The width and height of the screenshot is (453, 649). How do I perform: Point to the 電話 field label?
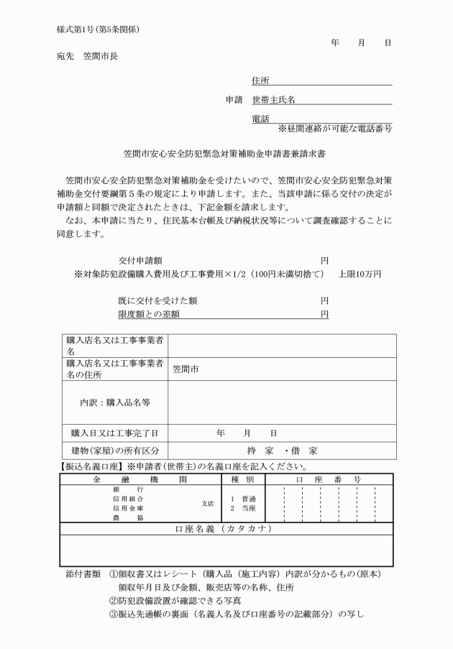pyautogui.click(x=260, y=119)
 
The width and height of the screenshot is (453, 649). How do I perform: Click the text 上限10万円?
pyautogui.click(x=360, y=275)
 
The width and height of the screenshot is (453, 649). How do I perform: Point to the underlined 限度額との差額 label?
pyautogui.click(x=149, y=314)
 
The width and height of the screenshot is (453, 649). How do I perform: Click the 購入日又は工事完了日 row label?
pyautogui.click(x=114, y=433)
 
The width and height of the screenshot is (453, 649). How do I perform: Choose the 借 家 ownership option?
pyautogui.click(x=302, y=451)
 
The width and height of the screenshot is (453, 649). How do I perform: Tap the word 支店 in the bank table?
pyautogui.click(x=207, y=503)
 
